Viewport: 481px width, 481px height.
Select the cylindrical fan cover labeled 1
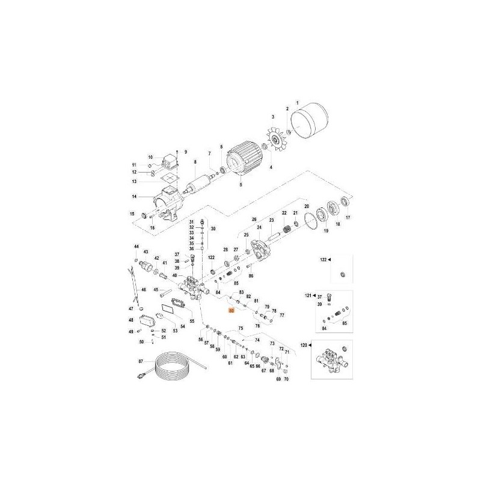coord(310,120)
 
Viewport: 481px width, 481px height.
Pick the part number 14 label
coord(135,197)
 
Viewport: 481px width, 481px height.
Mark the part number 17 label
coord(347,218)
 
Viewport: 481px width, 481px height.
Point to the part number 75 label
coord(240,328)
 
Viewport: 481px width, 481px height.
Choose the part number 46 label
coord(144,290)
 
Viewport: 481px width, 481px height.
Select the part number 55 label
coord(192,322)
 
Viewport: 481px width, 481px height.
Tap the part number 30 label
coord(212,229)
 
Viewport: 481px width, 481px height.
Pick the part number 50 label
coord(141,342)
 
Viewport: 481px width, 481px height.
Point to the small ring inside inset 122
coord(342,274)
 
